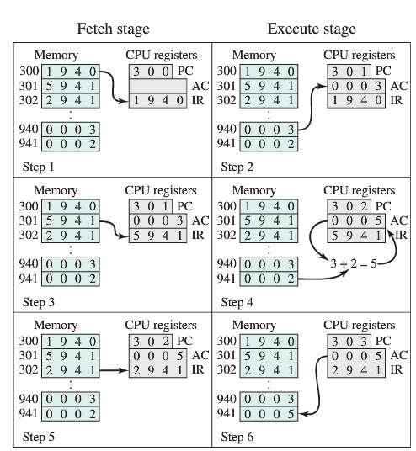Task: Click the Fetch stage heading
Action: pos(113,29)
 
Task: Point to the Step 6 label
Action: pos(237,437)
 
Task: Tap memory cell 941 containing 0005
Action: pos(268,413)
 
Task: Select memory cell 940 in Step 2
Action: pos(268,130)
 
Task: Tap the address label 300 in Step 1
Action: pos(28,72)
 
